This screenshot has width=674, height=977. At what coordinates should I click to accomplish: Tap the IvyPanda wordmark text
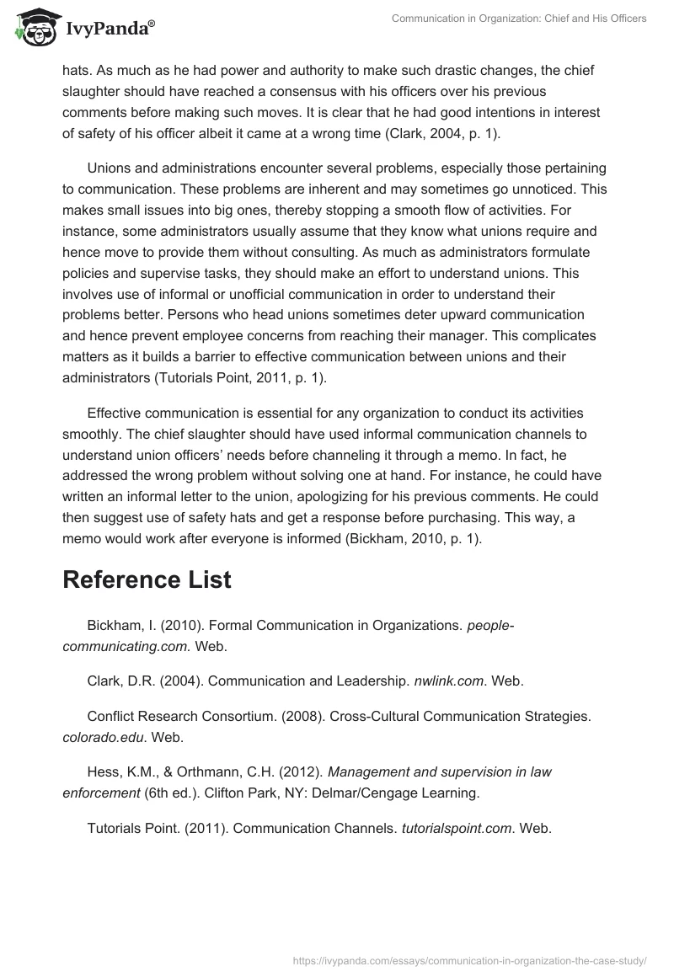click(110, 30)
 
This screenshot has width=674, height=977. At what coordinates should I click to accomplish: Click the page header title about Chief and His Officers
click(519, 19)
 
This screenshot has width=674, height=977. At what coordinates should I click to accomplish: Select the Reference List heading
click(147, 579)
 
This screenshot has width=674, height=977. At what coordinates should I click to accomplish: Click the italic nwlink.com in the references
click(447, 681)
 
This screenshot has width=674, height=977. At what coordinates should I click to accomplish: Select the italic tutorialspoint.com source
click(457, 828)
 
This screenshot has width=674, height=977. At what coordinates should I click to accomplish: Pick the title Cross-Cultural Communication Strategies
click(459, 717)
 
